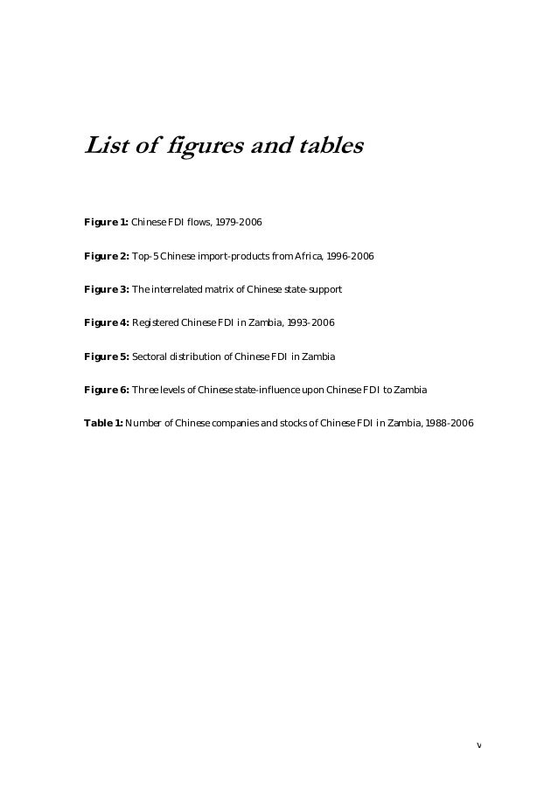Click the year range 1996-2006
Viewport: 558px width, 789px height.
[x=350, y=256]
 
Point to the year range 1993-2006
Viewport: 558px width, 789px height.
[x=310, y=323]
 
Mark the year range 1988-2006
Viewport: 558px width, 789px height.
[x=449, y=423]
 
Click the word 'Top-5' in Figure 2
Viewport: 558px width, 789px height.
[x=145, y=256]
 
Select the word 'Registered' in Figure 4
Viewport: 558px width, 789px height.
[x=154, y=323]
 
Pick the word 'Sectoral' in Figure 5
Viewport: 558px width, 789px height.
[x=150, y=356]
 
